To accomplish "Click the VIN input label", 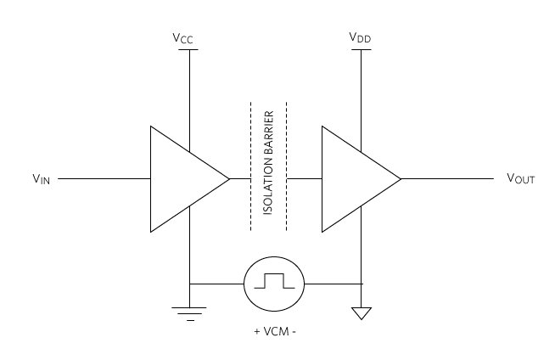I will [41, 179].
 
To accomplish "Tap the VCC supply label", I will [188, 37].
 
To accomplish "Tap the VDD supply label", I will [360, 37].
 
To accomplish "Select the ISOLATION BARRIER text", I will [268, 166].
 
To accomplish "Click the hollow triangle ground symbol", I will [362, 313].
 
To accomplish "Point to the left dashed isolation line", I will [249, 166].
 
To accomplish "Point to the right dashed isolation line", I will [287, 166].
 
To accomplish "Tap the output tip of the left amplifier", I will [228, 179].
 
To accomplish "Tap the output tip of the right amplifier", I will [400, 179].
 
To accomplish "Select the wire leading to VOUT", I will [446, 179].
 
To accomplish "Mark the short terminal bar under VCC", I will [189, 49].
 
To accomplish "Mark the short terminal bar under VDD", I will [362, 49].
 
